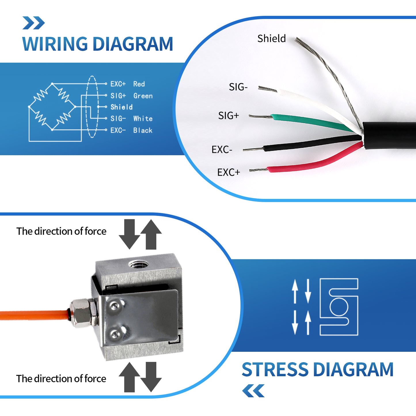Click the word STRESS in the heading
click(x=275, y=370)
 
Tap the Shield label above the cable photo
click(x=271, y=39)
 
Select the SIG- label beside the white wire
click(x=238, y=87)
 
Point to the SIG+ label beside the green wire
click(x=229, y=116)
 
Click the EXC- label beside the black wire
click(x=222, y=150)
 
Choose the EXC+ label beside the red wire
click(x=228, y=172)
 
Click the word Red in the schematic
click(x=139, y=84)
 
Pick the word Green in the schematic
click(x=143, y=96)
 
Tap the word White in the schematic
click(x=143, y=119)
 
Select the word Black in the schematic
click(x=143, y=130)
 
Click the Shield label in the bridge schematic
click(x=121, y=107)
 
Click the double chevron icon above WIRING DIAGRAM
click(x=34, y=23)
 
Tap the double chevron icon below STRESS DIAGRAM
click(x=253, y=391)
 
